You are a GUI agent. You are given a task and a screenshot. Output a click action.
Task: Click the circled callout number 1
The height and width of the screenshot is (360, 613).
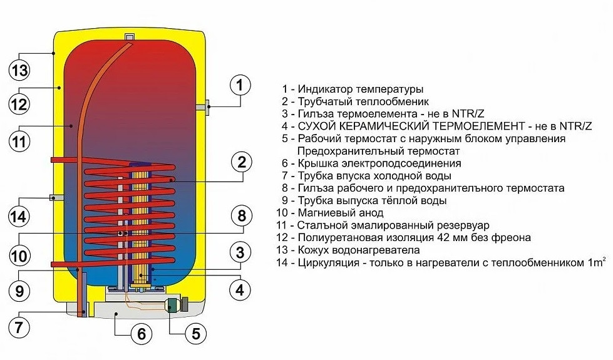(x=240, y=85)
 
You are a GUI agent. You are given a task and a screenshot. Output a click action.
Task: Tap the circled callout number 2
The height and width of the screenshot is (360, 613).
(x=242, y=162)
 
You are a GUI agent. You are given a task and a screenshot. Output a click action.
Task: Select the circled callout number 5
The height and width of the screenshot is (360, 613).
(x=195, y=333)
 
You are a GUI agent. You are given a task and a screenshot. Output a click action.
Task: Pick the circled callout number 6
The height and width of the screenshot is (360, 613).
(x=141, y=334)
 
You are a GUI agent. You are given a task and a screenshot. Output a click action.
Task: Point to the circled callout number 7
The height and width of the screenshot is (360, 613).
(x=19, y=327)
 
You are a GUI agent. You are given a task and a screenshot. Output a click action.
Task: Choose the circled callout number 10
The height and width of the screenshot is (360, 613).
(x=19, y=256)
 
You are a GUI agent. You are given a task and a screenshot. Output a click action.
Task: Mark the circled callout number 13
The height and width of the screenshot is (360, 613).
(x=19, y=70)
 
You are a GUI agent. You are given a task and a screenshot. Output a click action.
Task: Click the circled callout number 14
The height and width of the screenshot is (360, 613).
(x=19, y=216)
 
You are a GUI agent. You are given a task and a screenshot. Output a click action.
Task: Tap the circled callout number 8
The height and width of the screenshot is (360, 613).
(x=242, y=215)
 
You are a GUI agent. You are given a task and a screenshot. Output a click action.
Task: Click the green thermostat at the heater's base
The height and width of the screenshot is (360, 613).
(x=172, y=304)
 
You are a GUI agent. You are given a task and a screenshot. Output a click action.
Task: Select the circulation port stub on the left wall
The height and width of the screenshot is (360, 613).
(x=57, y=197)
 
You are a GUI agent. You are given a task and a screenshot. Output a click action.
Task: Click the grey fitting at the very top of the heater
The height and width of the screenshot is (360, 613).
(x=130, y=36)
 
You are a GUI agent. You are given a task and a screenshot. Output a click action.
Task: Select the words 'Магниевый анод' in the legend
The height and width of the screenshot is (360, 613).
(x=341, y=213)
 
